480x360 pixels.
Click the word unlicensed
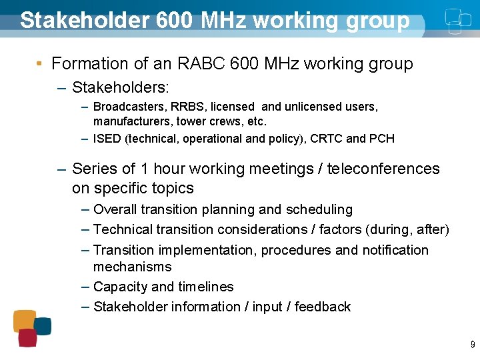pos(314,107)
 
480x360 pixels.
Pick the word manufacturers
pos(133,121)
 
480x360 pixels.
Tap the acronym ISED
pos(107,139)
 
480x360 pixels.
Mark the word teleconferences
pos(383,169)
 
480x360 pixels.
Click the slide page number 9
pos(472,345)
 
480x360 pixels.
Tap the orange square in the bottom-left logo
pos(25,320)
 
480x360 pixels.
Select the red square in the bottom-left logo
pos(27,337)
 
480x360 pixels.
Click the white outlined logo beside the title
pos(453,20)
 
